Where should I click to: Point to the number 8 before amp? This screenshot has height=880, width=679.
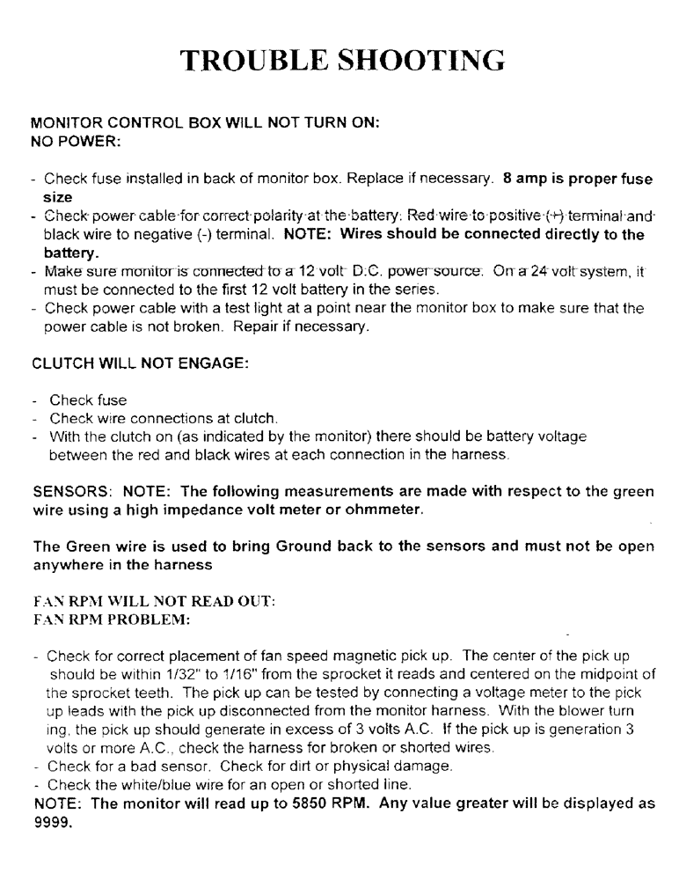click(507, 179)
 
